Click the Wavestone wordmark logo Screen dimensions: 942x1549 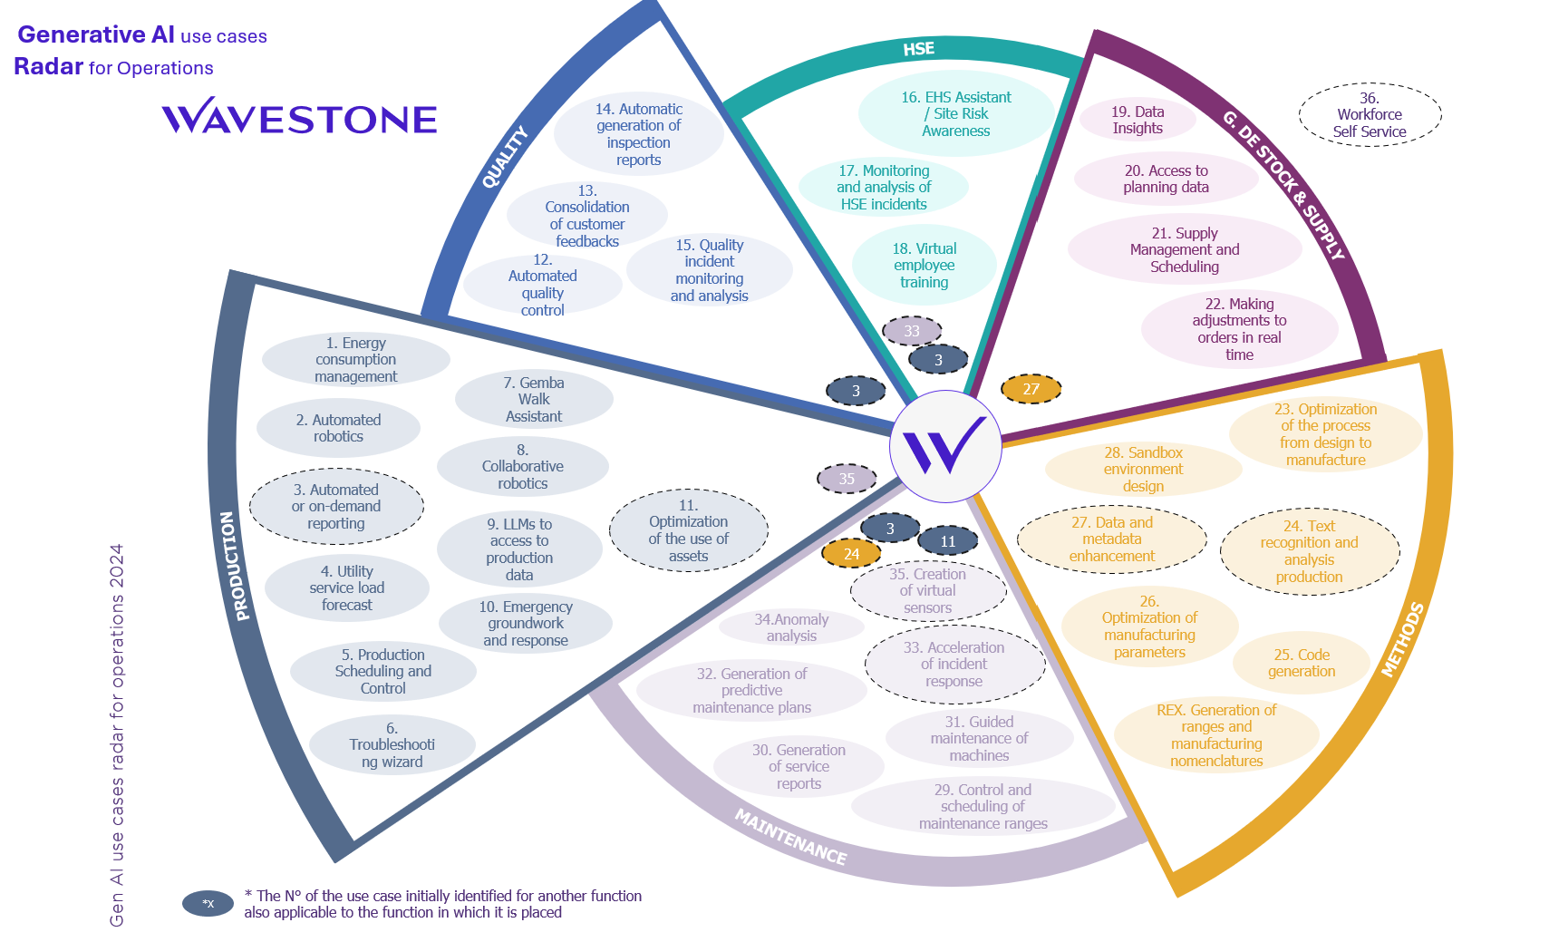pos(299,117)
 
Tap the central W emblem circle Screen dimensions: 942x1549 pos(945,446)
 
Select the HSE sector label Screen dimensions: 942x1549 pos(918,49)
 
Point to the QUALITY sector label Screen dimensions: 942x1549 pos(504,158)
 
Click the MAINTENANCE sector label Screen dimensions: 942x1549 pos(790,837)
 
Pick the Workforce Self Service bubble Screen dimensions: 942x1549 pos(1370,115)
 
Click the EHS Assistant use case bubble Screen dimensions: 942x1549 pos(956,114)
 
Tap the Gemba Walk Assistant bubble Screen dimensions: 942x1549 pos(534,400)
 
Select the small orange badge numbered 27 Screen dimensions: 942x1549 pos(1031,389)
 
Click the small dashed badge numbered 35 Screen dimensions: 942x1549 pos(847,479)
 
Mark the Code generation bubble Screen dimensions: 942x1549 pos(1302,663)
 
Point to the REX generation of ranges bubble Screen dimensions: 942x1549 pos(1216,735)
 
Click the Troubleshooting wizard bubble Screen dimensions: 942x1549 pos(392,745)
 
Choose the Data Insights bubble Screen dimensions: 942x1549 pos(1138,120)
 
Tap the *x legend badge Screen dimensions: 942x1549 pos(208,903)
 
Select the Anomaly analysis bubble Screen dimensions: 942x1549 pos(791,627)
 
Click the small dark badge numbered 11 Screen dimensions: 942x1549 pos(947,541)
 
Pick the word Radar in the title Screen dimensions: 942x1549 pos(49,67)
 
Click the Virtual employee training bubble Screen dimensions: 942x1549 pos(924,266)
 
